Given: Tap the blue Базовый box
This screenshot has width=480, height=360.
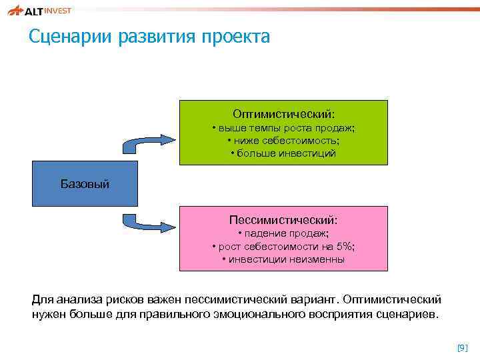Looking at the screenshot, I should (85, 183).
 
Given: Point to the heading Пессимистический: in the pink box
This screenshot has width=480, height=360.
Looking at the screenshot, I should (283, 219).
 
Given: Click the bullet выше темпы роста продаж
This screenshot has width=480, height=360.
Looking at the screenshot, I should (283, 128).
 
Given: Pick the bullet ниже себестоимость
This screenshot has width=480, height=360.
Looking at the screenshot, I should (283, 141).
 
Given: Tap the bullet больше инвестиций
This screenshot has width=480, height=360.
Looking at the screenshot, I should (283, 153).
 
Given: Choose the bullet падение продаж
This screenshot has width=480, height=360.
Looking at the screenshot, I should (283, 233).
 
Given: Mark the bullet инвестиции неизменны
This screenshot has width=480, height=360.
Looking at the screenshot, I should (283, 259).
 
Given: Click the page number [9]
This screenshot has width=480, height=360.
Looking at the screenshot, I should (462, 347).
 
